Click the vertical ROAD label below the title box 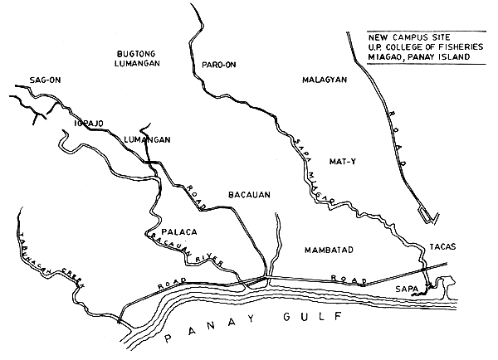(x=398, y=135)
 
